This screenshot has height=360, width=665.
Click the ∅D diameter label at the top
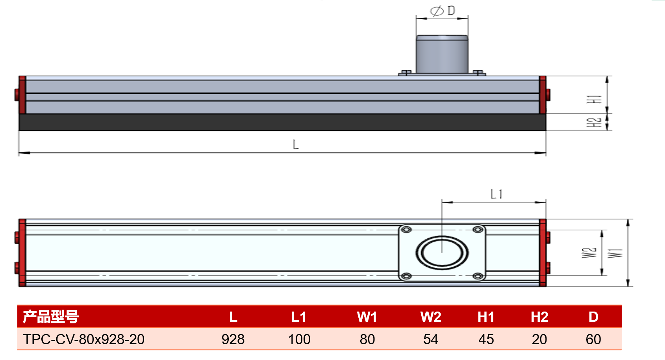tap(442, 11)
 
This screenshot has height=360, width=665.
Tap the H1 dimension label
tap(594, 99)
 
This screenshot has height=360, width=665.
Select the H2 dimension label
tap(594, 122)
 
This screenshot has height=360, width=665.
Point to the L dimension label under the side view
tap(296, 145)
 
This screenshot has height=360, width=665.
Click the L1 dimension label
tap(496, 194)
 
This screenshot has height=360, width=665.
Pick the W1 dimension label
tap(615, 253)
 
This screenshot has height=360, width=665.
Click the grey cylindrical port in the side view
tap(442, 54)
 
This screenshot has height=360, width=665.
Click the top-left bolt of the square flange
tap(406, 230)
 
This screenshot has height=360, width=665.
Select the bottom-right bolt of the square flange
tap(478, 276)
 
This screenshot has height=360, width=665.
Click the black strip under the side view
tap(282, 122)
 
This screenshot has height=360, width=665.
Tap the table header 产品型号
tap(51, 317)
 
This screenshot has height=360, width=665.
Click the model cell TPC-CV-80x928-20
tap(84, 339)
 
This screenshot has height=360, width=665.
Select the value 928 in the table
tap(233, 339)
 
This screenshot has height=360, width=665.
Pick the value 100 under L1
tap(299, 339)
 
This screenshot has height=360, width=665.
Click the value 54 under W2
tap(431, 339)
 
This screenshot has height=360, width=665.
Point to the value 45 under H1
tap(486, 339)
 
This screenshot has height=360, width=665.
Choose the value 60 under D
tap(593, 339)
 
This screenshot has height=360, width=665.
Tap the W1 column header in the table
tap(367, 317)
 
